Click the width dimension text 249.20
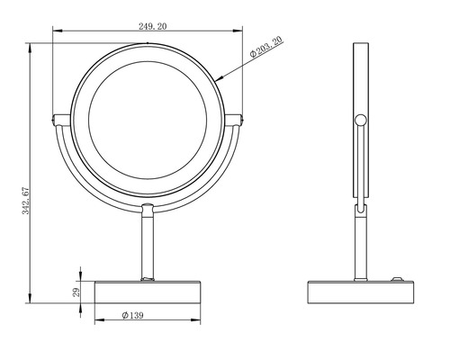[x=148, y=27]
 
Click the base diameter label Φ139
[x=135, y=316]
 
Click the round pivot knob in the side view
[x=361, y=120]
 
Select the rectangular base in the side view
[x=361, y=292]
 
